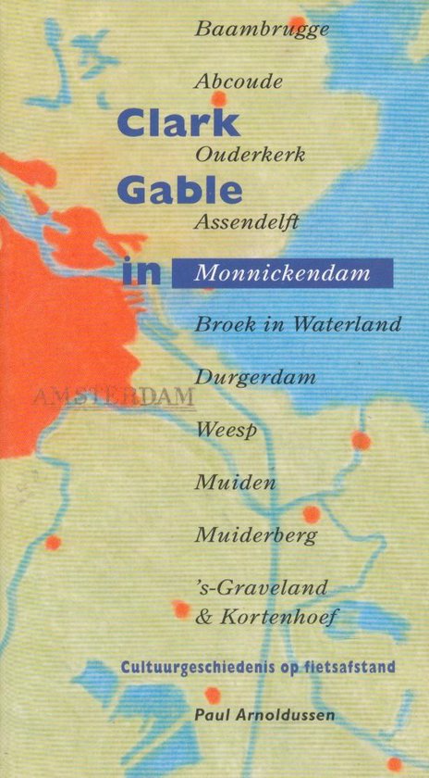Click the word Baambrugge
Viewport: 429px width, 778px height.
click(262, 30)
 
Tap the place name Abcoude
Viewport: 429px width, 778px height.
click(239, 82)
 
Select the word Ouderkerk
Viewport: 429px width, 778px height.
click(250, 153)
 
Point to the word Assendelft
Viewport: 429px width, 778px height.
click(246, 222)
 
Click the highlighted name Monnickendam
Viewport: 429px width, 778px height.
click(282, 274)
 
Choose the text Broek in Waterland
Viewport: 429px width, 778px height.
click(298, 325)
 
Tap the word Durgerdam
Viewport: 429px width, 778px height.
click(256, 378)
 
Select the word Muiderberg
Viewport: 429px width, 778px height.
click(256, 535)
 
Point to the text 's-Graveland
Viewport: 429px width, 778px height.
click(262, 587)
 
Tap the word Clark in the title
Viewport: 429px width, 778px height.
click(178, 123)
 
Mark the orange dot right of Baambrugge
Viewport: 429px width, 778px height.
click(297, 22)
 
